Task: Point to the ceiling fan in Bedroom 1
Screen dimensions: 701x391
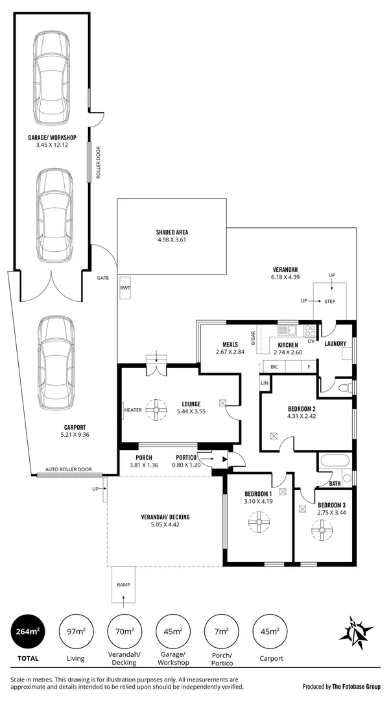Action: coord(257,521)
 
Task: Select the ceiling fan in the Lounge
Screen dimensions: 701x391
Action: coord(156,410)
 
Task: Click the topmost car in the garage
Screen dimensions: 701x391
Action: coord(51,69)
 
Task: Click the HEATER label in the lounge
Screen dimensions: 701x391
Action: coord(134,410)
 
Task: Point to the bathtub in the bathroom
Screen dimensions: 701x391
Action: coord(334,462)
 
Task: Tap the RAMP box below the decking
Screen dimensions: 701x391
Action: coord(123,585)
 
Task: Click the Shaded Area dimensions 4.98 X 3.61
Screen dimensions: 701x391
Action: coord(172,240)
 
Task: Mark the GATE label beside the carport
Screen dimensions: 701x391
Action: coord(102,277)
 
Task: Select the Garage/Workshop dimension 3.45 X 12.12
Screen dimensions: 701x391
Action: coord(52,145)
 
